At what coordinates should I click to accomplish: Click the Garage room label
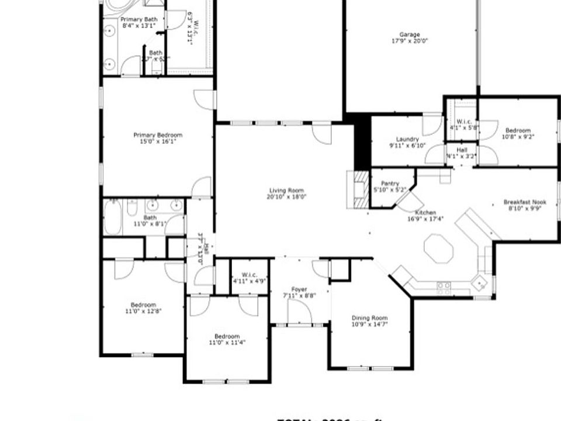pyautogui.click(x=410, y=34)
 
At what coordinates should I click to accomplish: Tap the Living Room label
pyautogui.click(x=287, y=190)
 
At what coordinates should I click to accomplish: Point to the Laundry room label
pyautogui.click(x=407, y=139)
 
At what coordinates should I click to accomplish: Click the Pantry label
pyautogui.click(x=390, y=184)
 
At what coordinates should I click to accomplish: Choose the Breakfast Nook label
pyautogui.click(x=524, y=202)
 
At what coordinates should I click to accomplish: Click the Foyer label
pyautogui.click(x=299, y=289)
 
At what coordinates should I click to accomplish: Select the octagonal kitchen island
pyautogui.click(x=439, y=250)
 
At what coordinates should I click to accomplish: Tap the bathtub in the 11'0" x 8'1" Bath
pyautogui.click(x=113, y=218)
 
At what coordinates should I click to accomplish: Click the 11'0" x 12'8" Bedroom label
pyautogui.click(x=143, y=305)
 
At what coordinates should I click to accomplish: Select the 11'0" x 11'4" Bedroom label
pyautogui.click(x=227, y=336)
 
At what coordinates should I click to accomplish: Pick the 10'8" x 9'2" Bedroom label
pyautogui.click(x=518, y=130)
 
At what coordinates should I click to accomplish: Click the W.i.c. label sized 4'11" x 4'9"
pyautogui.click(x=249, y=277)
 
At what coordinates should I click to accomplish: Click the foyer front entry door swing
pyautogui.click(x=300, y=313)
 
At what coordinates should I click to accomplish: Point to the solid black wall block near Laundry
pyautogui.click(x=362, y=140)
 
